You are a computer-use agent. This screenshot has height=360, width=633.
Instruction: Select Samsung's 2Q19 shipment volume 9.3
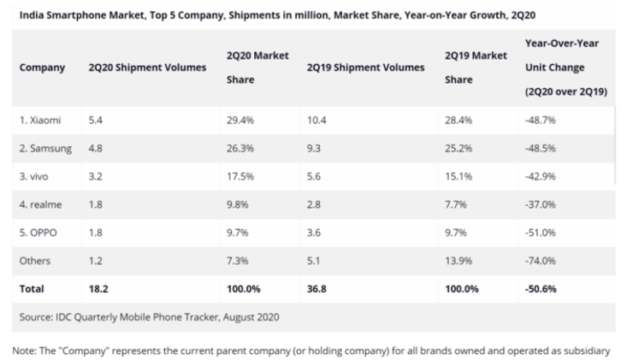click(x=313, y=146)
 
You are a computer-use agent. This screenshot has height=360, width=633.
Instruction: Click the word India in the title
click(x=30, y=15)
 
